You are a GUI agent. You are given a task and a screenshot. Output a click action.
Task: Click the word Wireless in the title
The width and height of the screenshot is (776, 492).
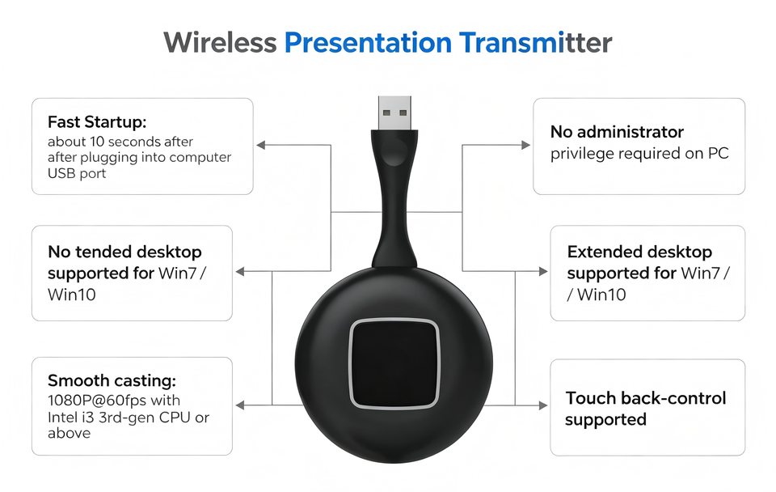click(220, 43)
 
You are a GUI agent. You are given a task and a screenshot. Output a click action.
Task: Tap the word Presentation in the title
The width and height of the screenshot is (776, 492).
click(368, 44)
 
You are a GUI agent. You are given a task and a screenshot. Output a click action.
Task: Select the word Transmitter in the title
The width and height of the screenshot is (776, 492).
click(535, 43)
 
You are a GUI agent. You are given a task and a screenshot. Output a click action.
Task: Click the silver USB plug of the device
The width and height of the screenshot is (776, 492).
click(394, 113)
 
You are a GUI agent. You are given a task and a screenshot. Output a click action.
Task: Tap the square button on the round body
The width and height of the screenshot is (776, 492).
click(394, 363)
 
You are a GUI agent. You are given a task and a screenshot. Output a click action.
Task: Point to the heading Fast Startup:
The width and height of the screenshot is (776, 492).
click(97, 122)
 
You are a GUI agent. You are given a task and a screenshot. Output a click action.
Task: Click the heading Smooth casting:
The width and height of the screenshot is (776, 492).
click(112, 380)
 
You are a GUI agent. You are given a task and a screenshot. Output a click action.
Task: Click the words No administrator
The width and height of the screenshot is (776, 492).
click(617, 132)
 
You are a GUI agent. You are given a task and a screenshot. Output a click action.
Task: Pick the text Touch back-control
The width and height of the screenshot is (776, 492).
click(646, 398)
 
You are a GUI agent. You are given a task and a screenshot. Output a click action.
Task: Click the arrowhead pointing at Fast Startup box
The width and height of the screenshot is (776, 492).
click(261, 145)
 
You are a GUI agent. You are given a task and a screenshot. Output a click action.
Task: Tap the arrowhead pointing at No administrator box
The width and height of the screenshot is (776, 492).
click(525, 145)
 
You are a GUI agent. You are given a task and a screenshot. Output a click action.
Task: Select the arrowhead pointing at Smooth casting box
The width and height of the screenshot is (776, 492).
click(240, 405)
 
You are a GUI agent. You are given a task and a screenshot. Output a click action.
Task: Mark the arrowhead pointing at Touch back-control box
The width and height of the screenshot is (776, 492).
click(543, 405)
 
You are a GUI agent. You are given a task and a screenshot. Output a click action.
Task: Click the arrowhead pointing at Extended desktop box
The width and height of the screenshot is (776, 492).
click(543, 272)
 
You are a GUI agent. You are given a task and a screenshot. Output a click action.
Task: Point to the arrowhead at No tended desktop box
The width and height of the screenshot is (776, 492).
click(240, 272)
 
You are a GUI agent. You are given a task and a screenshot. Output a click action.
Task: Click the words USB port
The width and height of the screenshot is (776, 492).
click(77, 174)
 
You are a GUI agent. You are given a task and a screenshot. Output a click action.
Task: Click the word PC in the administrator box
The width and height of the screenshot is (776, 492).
click(718, 154)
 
